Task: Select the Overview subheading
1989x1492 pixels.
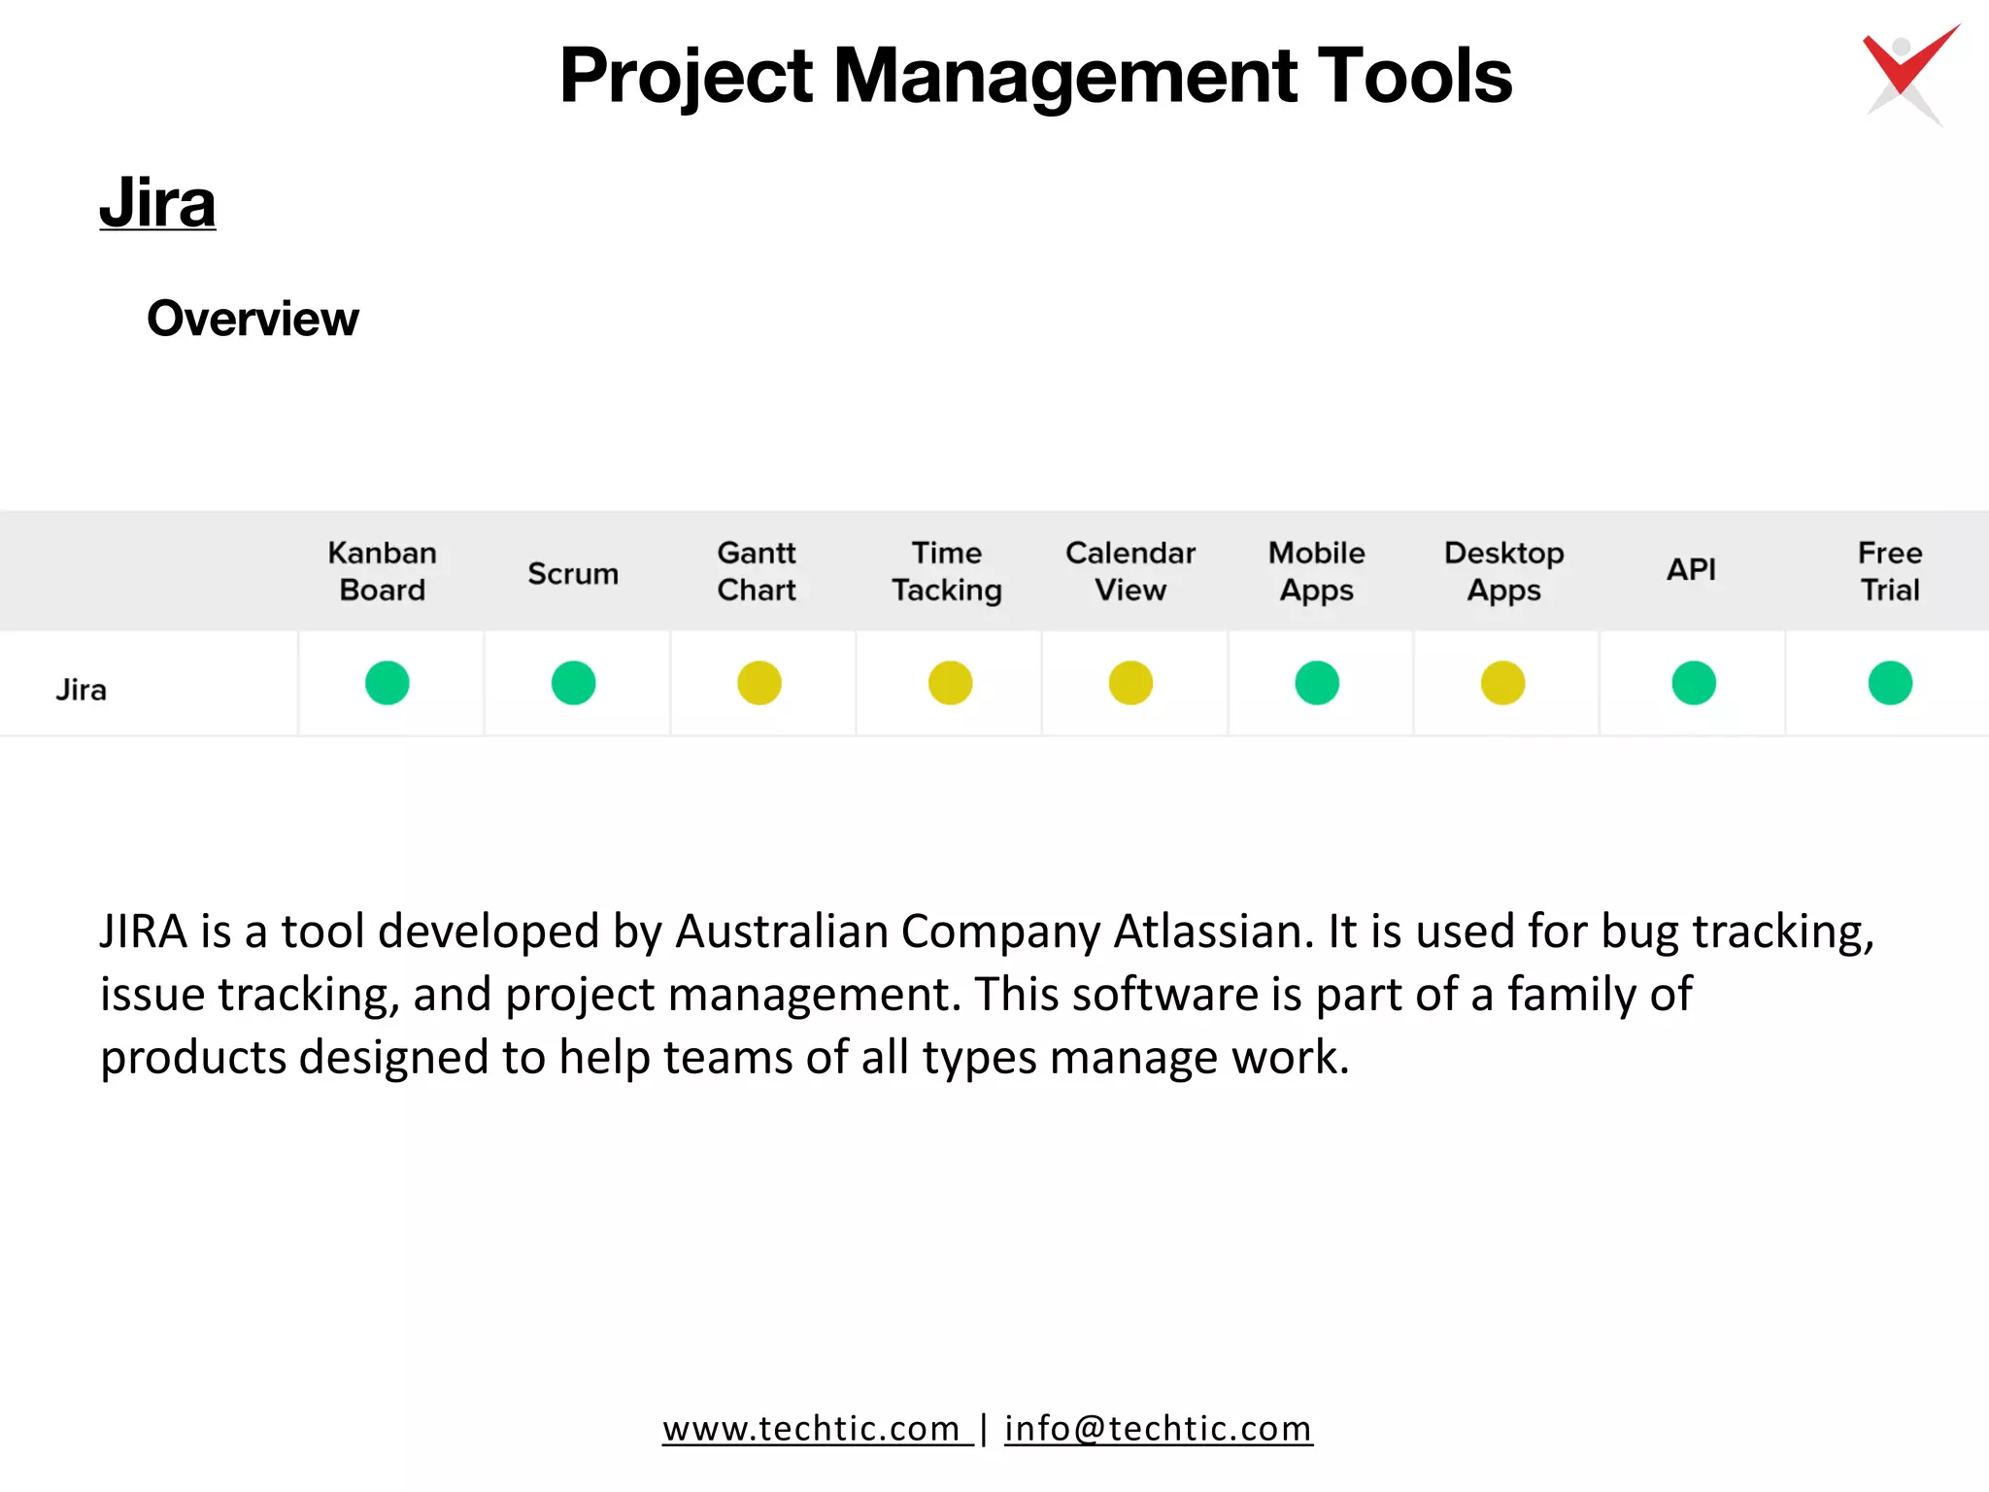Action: (x=253, y=319)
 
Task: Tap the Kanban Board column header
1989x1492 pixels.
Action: (x=382, y=571)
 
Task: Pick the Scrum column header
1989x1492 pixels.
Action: (x=573, y=573)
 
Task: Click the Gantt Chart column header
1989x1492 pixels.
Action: (x=757, y=571)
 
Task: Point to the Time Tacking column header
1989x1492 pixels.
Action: (x=947, y=571)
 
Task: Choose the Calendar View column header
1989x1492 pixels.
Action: (x=1130, y=571)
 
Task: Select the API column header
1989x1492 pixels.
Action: (x=1691, y=569)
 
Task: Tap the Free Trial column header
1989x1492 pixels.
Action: (x=1890, y=571)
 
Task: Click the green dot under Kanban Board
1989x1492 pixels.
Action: (x=388, y=683)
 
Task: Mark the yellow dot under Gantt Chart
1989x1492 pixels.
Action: (x=759, y=683)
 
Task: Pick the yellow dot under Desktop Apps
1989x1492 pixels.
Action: (x=1502, y=683)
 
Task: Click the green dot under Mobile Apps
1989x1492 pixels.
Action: (x=1317, y=683)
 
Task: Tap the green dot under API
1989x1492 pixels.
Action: (x=1694, y=683)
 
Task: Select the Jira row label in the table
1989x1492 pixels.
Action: (x=82, y=690)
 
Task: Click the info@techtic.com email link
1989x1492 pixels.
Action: (x=1158, y=1429)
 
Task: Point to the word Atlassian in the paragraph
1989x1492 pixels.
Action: (x=1213, y=932)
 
